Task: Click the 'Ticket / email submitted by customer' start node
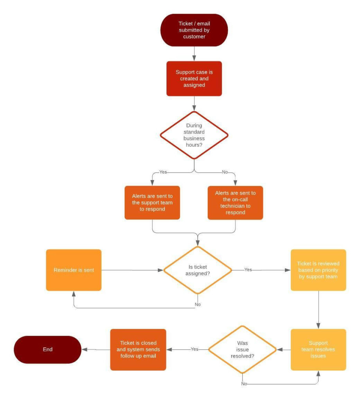click(194, 30)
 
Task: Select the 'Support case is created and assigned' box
click(194, 79)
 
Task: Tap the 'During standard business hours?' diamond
click(194, 135)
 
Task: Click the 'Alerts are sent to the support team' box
click(152, 203)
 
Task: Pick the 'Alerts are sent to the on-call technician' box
click(235, 203)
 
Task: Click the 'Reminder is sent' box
click(74, 270)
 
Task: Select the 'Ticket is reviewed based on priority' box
click(318, 270)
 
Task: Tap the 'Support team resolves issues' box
click(318, 349)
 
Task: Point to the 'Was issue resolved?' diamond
click(242, 349)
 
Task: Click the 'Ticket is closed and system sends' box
click(138, 349)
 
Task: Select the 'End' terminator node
click(48, 349)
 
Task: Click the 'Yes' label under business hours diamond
click(163, 172)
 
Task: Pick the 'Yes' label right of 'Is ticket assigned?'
click(248, 270)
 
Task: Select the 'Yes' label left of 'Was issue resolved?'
click(194, 349)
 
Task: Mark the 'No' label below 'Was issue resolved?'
click(244, 384)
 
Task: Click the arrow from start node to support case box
click(194, 54)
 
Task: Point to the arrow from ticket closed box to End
click(95, 349)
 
